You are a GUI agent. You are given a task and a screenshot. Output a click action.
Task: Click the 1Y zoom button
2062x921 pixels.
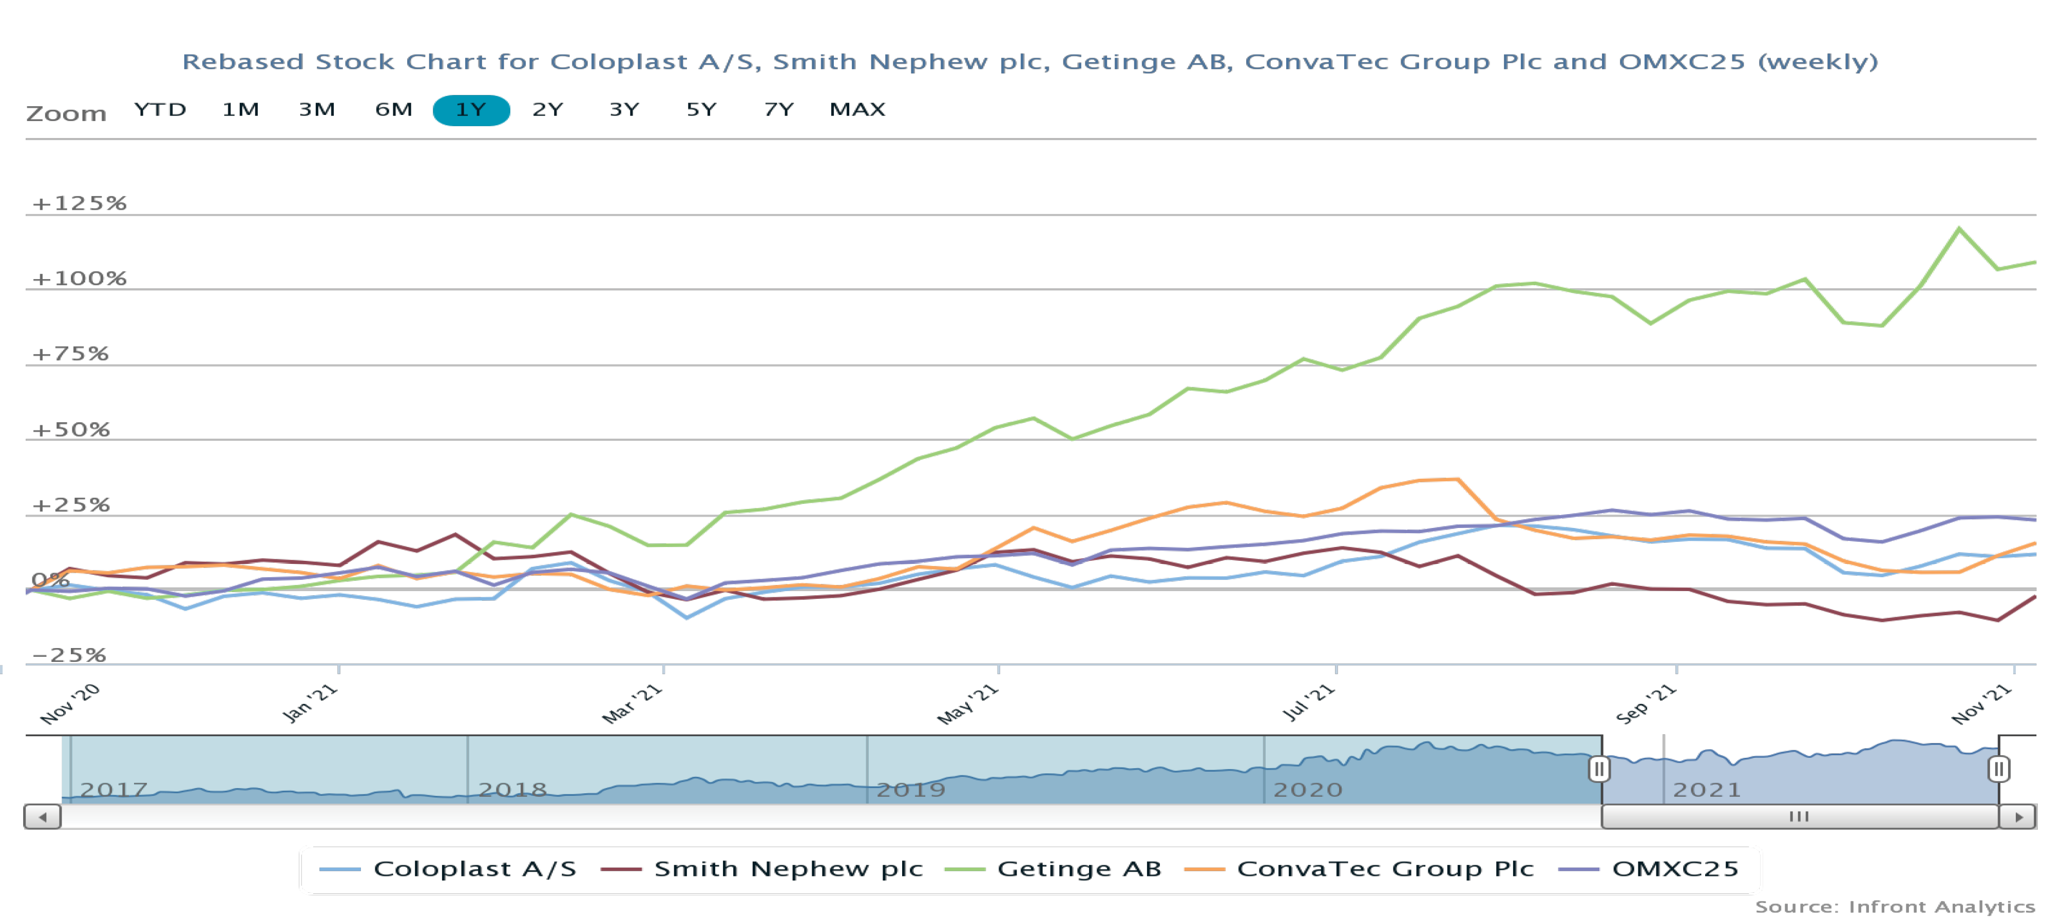point(471,110)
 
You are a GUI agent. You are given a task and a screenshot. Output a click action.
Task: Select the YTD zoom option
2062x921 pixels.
point(160,110)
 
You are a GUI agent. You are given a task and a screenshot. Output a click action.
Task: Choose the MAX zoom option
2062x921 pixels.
point(856,110)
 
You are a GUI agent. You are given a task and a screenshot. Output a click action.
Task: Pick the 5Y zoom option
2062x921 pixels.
point(701,110)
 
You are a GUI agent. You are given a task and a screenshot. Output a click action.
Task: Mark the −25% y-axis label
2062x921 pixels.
point(69,655)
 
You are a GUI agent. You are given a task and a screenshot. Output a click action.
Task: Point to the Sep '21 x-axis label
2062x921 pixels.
point(1646,704)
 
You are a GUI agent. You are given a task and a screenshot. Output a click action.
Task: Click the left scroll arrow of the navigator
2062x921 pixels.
point(43,817)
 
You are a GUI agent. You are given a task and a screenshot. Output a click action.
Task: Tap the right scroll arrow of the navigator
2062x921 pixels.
point(2018,817)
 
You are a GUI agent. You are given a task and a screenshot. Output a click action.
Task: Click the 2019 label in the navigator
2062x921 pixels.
point(911,790)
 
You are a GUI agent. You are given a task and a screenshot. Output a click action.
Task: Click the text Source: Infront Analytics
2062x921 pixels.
point(1895,907)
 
